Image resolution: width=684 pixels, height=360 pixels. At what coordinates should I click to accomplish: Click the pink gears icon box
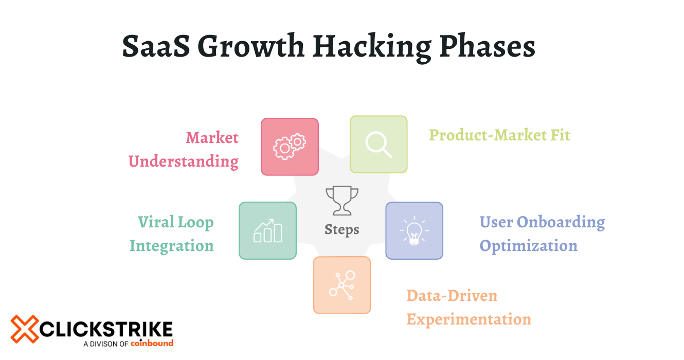pos(290,147)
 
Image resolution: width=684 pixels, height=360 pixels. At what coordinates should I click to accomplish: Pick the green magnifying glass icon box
pos(379,144)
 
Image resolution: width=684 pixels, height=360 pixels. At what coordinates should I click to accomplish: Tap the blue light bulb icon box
pos(414,230)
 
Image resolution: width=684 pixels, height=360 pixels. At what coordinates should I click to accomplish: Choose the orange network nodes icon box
pos(342,285)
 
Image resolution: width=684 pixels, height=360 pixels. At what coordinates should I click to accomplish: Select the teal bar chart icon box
pos(267,230)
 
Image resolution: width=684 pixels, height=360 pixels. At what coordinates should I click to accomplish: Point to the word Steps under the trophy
pos(342,229)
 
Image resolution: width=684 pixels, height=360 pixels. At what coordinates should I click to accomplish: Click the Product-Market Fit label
pos(499,135)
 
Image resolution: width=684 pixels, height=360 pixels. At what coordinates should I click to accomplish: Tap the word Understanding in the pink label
pos(183,161)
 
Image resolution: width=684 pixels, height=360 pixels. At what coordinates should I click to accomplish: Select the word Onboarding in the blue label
pos(561,222)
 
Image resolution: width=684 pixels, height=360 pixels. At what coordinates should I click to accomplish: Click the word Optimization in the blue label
pos(528,246)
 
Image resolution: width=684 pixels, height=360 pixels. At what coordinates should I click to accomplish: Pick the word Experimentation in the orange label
pos(469,319)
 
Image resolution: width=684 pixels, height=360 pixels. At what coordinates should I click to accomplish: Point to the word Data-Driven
pos(452,296)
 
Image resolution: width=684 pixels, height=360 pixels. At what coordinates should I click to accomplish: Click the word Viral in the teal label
pos(154,222)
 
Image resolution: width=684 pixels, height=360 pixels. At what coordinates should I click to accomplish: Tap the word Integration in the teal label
pos(171,246)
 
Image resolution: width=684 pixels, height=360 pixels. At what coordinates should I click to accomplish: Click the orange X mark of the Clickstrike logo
pos(25,329)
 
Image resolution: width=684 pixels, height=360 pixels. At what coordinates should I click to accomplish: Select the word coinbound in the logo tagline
pos(152,344)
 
